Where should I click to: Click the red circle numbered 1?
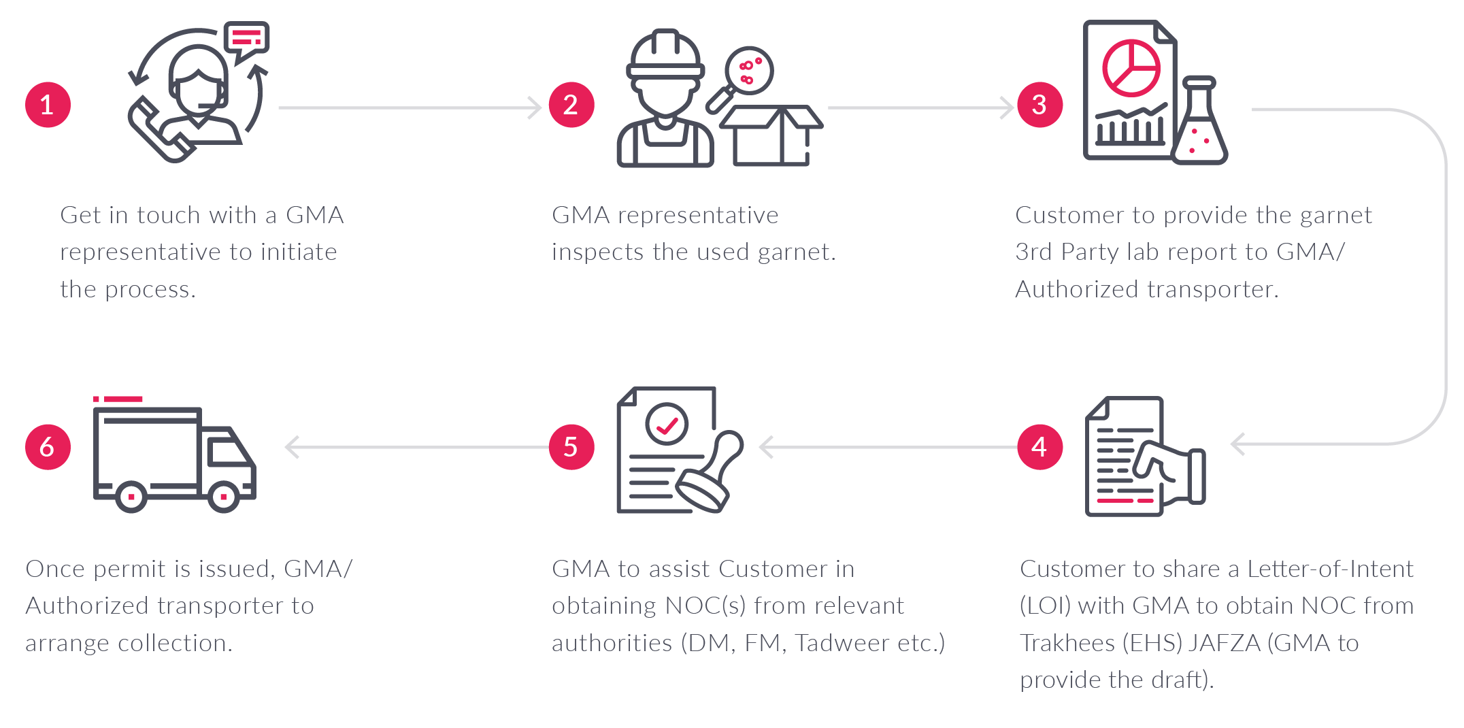click(48, 105)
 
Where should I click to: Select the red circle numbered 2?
click(571, 105)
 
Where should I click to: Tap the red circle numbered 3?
click(1039, 105)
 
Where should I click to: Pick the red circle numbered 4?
click(1039, 447)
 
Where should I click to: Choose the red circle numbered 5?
click(571, 447)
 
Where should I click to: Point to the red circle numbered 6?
click(48, 447)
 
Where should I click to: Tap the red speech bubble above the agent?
click(246, 38)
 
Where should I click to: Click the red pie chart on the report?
click(1131, 68)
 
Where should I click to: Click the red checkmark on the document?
click(667, 425)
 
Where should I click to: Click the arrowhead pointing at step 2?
click(535, 107)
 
